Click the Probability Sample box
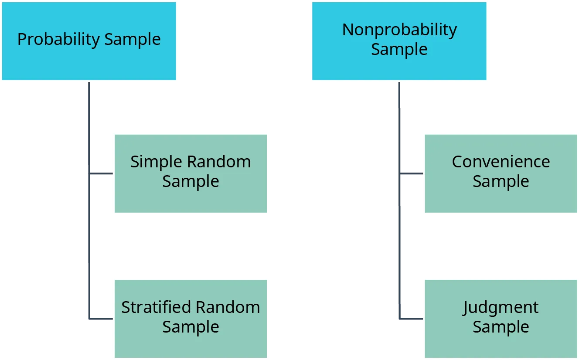89,41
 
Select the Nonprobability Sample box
399,41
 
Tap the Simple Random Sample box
191,173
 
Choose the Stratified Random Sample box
191,319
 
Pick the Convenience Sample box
501,173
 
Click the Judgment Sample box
501,319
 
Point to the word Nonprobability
399,30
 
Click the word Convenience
501,162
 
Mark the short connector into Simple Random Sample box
101,174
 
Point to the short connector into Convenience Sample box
412,174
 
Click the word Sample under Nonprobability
399,49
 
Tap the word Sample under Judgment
501,327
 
